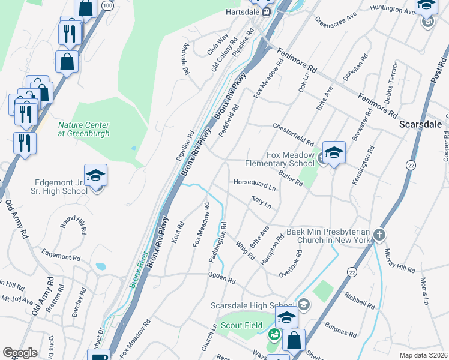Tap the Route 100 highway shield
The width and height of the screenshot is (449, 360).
107,5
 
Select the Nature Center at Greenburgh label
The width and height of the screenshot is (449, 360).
83,129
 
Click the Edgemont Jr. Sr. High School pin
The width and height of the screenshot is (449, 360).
95,176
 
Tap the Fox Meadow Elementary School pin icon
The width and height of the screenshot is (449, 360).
334,153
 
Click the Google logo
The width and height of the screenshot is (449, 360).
20,353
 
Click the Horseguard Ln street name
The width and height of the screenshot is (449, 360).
255,185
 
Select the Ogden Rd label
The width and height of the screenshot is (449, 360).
221,280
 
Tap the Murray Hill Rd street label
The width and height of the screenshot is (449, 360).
399,261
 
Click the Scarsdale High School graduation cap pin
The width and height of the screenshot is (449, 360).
286,317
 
